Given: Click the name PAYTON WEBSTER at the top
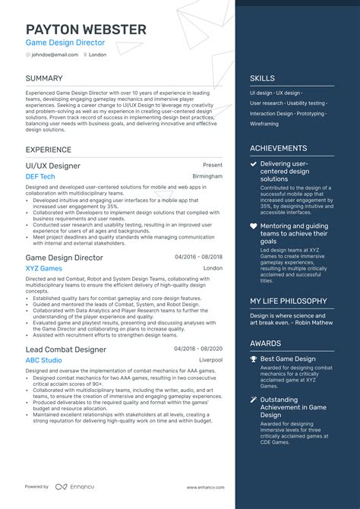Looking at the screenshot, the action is [x=86, y=30].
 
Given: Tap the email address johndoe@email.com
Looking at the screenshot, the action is [x=55, y=55].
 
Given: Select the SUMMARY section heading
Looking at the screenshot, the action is [x=44, y=78].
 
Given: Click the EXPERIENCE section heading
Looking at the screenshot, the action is [x=49, y=150].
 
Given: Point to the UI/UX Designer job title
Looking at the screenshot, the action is [x=53, y=165].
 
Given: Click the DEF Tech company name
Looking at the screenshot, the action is [x=40, y=176].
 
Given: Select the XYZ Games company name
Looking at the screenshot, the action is [x=44, y=268].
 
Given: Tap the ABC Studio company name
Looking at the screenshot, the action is [x=44, y=359].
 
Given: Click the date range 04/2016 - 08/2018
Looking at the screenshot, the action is [x=198, y=258].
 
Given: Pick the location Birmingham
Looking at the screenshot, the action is [x=207, y=176].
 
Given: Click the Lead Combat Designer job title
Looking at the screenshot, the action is [x=66, y=349].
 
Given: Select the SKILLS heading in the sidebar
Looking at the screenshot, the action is [x=262, y=78].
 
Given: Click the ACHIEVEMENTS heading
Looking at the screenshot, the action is [x=279, y=149].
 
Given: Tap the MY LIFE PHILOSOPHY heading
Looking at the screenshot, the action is [x=289, y=301].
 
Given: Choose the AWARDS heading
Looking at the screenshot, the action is [x=265, y=343].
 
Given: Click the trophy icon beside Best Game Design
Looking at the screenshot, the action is [x=254, y=358].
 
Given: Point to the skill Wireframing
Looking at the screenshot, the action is [x=264, y=123].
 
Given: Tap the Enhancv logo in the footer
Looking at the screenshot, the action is [x=74, y=486].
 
